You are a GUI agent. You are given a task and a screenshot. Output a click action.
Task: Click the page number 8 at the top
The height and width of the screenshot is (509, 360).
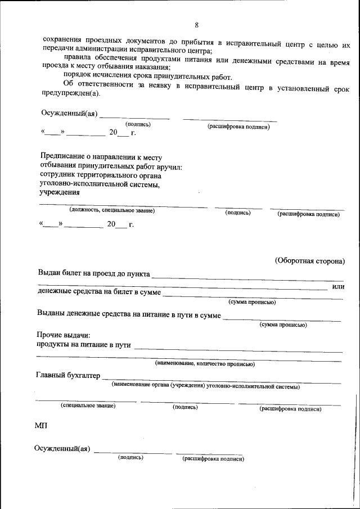[196, 25]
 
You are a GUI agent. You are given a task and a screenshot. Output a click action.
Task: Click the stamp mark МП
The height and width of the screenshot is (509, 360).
[42, 426]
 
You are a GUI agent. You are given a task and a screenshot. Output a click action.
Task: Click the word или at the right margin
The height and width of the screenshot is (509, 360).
[338, 287]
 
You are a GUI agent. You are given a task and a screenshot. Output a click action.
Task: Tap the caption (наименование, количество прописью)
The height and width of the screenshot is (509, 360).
[205, 364]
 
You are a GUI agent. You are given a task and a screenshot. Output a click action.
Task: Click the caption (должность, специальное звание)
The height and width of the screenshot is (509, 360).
[112, 210]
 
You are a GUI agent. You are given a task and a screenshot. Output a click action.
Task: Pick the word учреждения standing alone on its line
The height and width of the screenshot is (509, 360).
[60, 192]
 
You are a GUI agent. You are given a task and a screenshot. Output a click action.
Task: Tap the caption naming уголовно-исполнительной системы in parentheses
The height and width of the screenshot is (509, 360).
[205, 386]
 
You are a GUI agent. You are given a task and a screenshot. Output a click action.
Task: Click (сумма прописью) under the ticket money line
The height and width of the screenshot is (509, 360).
[251, 302]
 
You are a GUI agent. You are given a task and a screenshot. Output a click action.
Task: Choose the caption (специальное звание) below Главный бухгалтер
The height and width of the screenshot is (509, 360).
[88, 406]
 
